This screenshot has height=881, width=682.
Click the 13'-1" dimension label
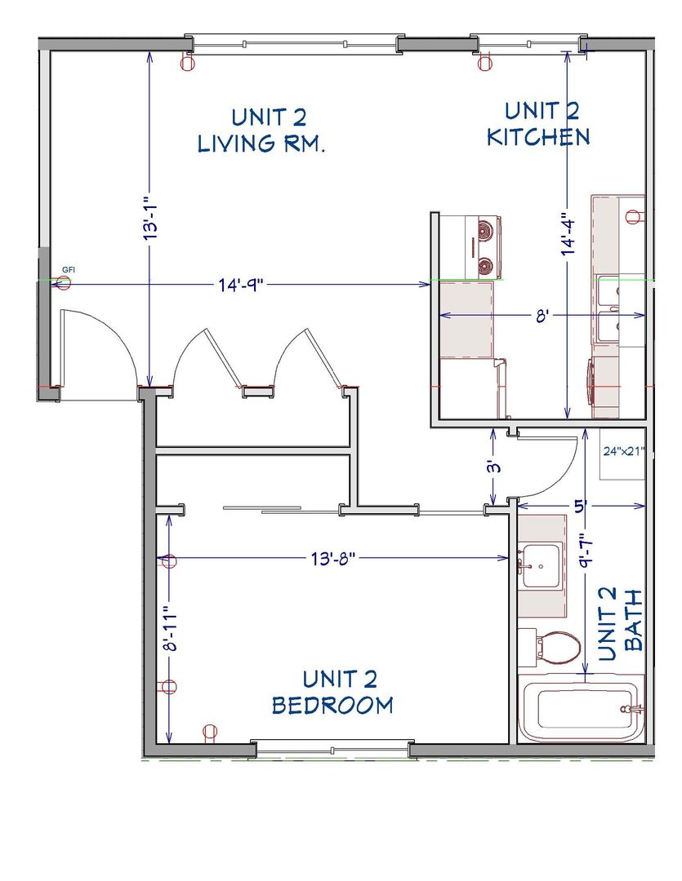[x=149, y=219]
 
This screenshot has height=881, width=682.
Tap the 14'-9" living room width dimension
[x=241, y=285]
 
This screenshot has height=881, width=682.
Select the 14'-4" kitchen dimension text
[x=569, y=229]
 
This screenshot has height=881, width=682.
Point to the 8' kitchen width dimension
[x=542, y=316]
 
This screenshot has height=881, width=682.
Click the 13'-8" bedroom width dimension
[x=333, y=559]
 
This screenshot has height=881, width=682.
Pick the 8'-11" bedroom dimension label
[x=170, y=628]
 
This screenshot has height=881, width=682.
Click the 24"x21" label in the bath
[x=623, y=451]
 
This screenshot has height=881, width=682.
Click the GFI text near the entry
[x=68, y=270]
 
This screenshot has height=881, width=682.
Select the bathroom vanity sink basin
[x=540, y=566]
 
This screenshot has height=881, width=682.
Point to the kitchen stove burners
[x=484, y=247]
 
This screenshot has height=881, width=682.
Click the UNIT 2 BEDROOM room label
[x=332, y=692]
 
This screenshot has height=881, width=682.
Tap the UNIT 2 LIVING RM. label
[x=261, y=131]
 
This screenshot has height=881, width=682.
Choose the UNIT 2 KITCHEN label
[x=538, y=124]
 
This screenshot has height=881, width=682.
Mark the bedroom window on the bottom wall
[x=332, y=749]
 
